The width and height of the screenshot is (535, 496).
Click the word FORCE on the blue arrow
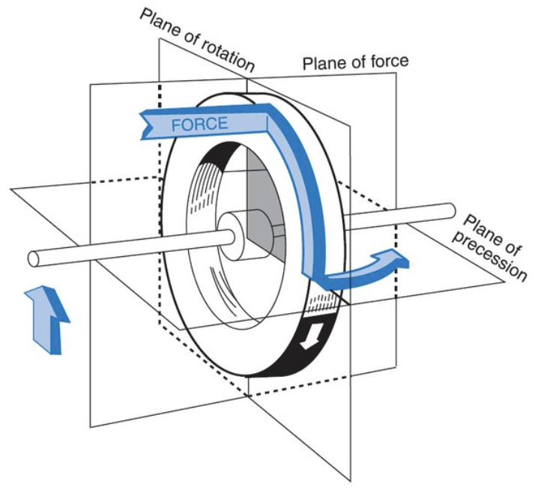(199, 124)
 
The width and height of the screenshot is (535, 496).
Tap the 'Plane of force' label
(355, 64)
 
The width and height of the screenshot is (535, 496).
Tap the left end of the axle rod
(34, 258)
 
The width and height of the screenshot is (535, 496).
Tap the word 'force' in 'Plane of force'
(389, 61)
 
